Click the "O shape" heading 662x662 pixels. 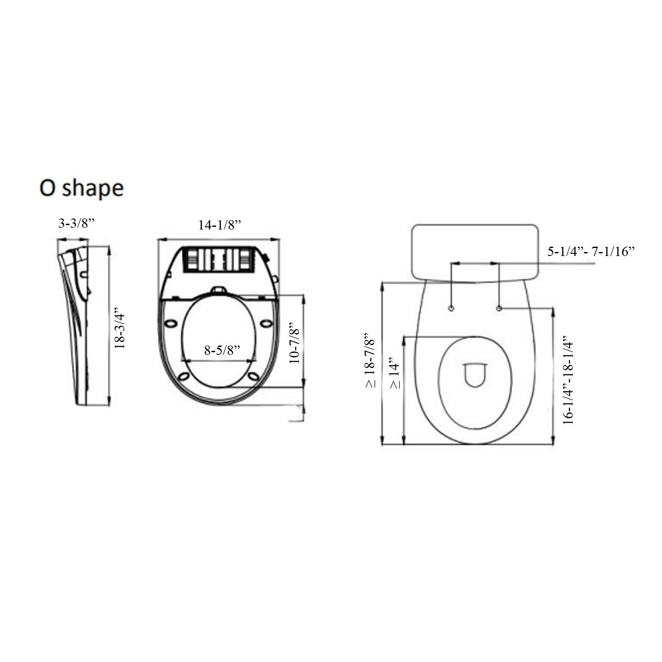pos(82,188)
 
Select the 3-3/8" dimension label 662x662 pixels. pos(77,224)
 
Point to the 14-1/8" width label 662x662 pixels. pos(219,225)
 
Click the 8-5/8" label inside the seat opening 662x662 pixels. pos(222,350)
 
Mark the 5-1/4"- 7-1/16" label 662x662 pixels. pos(591,252)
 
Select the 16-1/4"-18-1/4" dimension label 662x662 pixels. pos(569,382)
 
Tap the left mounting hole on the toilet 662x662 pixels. pos(451,308)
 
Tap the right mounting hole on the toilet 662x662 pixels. pos(499,308)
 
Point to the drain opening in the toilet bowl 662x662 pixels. pos(474,375)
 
